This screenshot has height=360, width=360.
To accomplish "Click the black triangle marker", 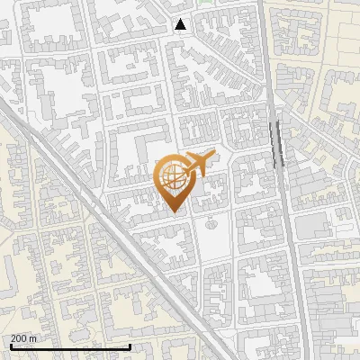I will click(x=181, y=24).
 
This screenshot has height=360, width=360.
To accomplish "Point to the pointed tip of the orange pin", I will click(x=175, y=212).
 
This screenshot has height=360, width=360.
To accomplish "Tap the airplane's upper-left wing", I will click(x=193, y=155).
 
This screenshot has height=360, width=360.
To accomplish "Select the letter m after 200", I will click(x=33, y=338).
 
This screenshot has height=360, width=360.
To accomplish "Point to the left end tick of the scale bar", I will click(x=11, y=346).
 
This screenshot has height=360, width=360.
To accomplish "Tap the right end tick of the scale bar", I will click(x=130, y=346).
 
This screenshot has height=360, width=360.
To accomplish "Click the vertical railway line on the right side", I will click(x=286, y=225).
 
